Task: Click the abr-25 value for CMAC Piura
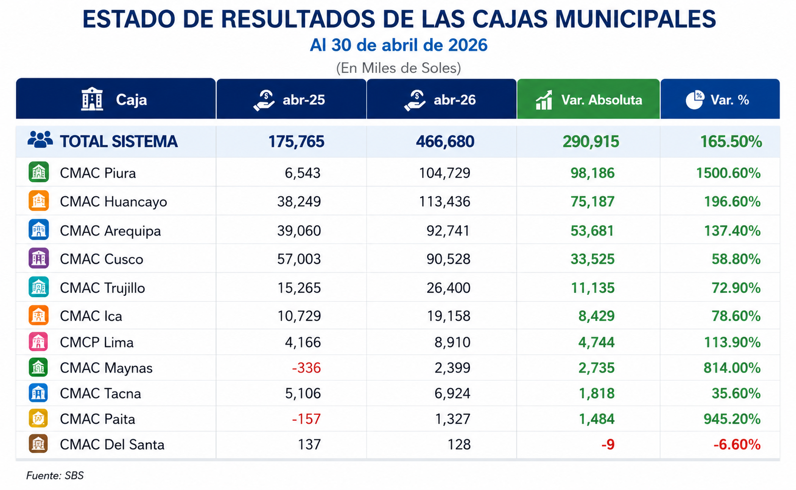pyautogui.click(x=302, y=173)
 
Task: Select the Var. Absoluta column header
pyautogui.click(x=588, y=99)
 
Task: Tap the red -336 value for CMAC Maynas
pyautogui.click(x=306, y=367)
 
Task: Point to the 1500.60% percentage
pyautogui.click(x=728, y=173)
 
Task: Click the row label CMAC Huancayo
pyautogui.click(x=114, y=202)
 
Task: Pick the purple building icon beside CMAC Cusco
pyautogui.click(x=38, y=258)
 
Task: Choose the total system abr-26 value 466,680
pyautogui.click(x=445, y=141)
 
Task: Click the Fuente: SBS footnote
pyautogui.click(x=55, y=476)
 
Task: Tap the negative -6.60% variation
pyautogui.click(x=737, y=445)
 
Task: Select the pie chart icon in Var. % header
pyautogui.click(x=694, y=100)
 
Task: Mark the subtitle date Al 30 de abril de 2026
pyautogui.click(x=398, y=45)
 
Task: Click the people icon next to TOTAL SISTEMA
pyautogui.click(x=40, y=139)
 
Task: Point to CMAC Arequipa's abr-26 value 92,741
pyautogui.click(x=448, y=231)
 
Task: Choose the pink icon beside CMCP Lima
pyautogui.click(x=38, y=342)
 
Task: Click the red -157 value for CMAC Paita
pyautogui.click(x=306, y=419)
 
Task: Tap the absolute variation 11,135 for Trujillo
pyautogui.click(x=592, y=288)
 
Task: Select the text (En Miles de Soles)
pyautogui.click(x=398, y=68)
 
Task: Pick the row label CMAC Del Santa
pyautogui.click(x=112, y=445)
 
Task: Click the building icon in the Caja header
pyautogui.click(x=92, y=99)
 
